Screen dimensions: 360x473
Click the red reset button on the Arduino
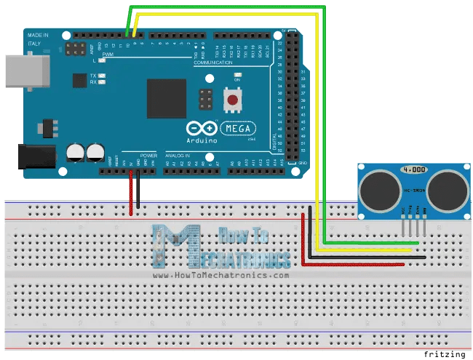point(234,99)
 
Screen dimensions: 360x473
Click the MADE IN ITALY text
point(38,39)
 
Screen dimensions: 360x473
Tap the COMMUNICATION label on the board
point(218,63)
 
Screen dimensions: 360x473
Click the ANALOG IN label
point(178,156)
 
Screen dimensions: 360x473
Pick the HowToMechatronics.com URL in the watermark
point(221,276)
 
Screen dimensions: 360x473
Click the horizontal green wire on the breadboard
point(371,241)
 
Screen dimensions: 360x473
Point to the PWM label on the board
point(108,55)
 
